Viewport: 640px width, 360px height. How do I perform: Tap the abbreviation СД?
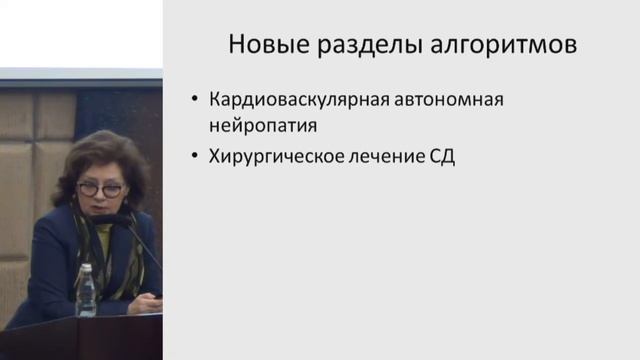[x=440, y=157]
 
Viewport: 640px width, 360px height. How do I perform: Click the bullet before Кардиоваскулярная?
[x=194, y=102]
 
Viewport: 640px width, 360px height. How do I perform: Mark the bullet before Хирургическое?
[x=194, y=157]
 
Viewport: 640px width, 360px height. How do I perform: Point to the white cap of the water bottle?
[x=86, y=267]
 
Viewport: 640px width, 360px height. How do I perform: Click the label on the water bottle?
[x=87, y=299]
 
